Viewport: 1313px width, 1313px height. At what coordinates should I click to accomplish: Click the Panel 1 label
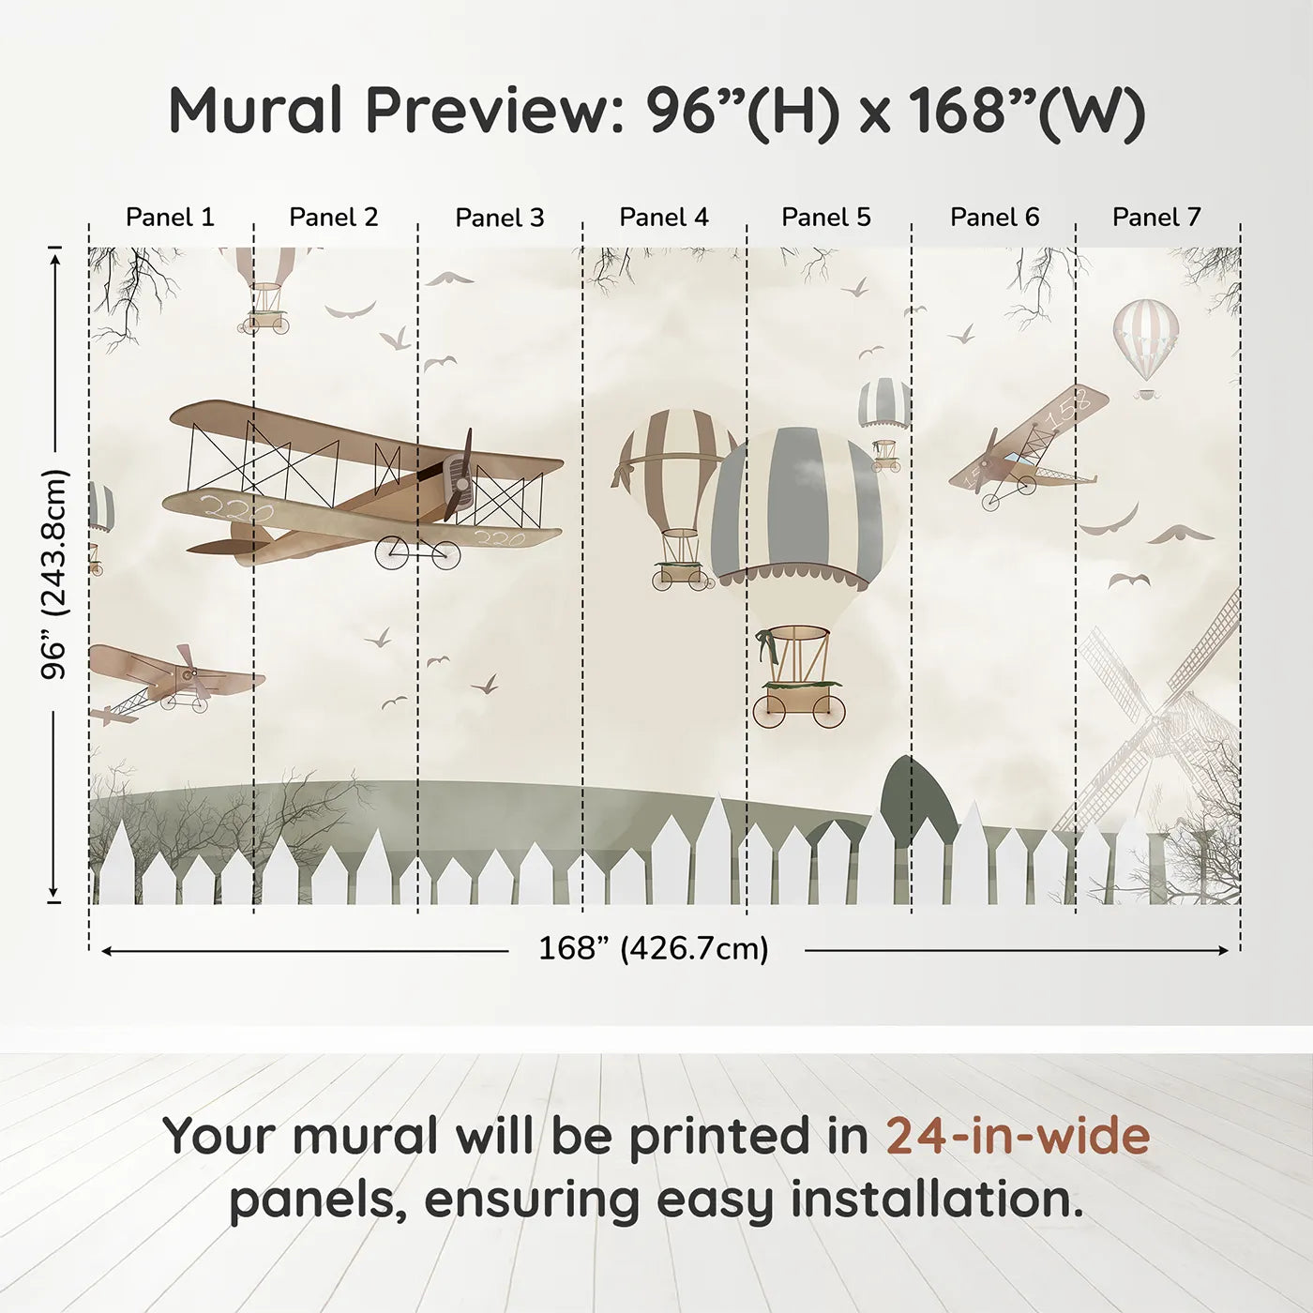point(170,218)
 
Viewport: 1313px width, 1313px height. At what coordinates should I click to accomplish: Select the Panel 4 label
point(663,218)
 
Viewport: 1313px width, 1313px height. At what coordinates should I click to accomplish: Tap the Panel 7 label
point(1155,218)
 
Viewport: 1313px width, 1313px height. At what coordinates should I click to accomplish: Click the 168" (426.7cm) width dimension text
point(653,948)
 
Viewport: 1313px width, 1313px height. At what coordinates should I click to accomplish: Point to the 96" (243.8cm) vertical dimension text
point(55,574)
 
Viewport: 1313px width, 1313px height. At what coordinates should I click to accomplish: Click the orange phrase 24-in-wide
point(1017,1136)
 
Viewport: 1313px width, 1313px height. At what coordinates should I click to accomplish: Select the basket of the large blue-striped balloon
point(796,661)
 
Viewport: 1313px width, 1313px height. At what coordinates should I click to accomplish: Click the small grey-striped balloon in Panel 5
point(883,403)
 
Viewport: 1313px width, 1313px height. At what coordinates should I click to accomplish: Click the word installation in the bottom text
point(937,1200)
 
